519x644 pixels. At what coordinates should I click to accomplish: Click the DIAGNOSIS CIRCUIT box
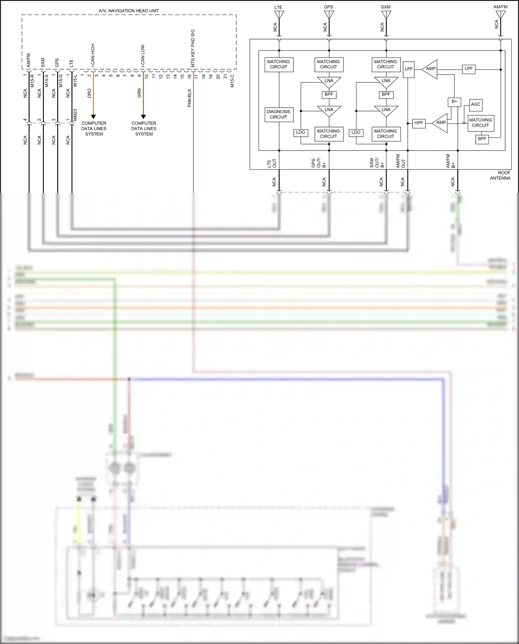point(279,115)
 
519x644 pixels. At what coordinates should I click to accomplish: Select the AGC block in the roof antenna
point(476,105)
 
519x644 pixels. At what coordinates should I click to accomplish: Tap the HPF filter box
point(419,123)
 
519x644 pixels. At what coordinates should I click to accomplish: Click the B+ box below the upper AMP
point(454,101)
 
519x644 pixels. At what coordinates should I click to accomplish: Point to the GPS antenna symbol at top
point(329,15)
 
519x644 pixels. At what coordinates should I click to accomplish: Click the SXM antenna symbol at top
point(386,15)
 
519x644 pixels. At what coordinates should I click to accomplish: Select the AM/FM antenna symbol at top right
point(500,15)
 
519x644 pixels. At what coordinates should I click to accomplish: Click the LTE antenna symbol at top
point(279,15)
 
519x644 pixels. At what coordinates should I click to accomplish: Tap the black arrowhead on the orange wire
point(93,117)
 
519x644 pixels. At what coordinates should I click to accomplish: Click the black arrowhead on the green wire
point(143,117)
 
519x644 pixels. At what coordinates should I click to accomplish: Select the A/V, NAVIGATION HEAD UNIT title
point(129,11)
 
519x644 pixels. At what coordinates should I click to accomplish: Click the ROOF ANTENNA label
point(500,175)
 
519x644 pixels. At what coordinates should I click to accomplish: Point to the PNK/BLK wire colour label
point(190,98)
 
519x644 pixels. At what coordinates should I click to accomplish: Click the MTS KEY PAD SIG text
point(193,48)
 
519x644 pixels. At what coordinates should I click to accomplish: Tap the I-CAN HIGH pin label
point(93,55)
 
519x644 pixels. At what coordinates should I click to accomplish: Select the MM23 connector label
point(75,115)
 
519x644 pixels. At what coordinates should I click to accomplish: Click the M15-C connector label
point(232,81)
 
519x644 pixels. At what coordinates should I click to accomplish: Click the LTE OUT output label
point(272,163)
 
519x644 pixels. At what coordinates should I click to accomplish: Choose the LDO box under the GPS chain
point(300,133)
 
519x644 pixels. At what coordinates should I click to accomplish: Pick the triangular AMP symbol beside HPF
point(440,123)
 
